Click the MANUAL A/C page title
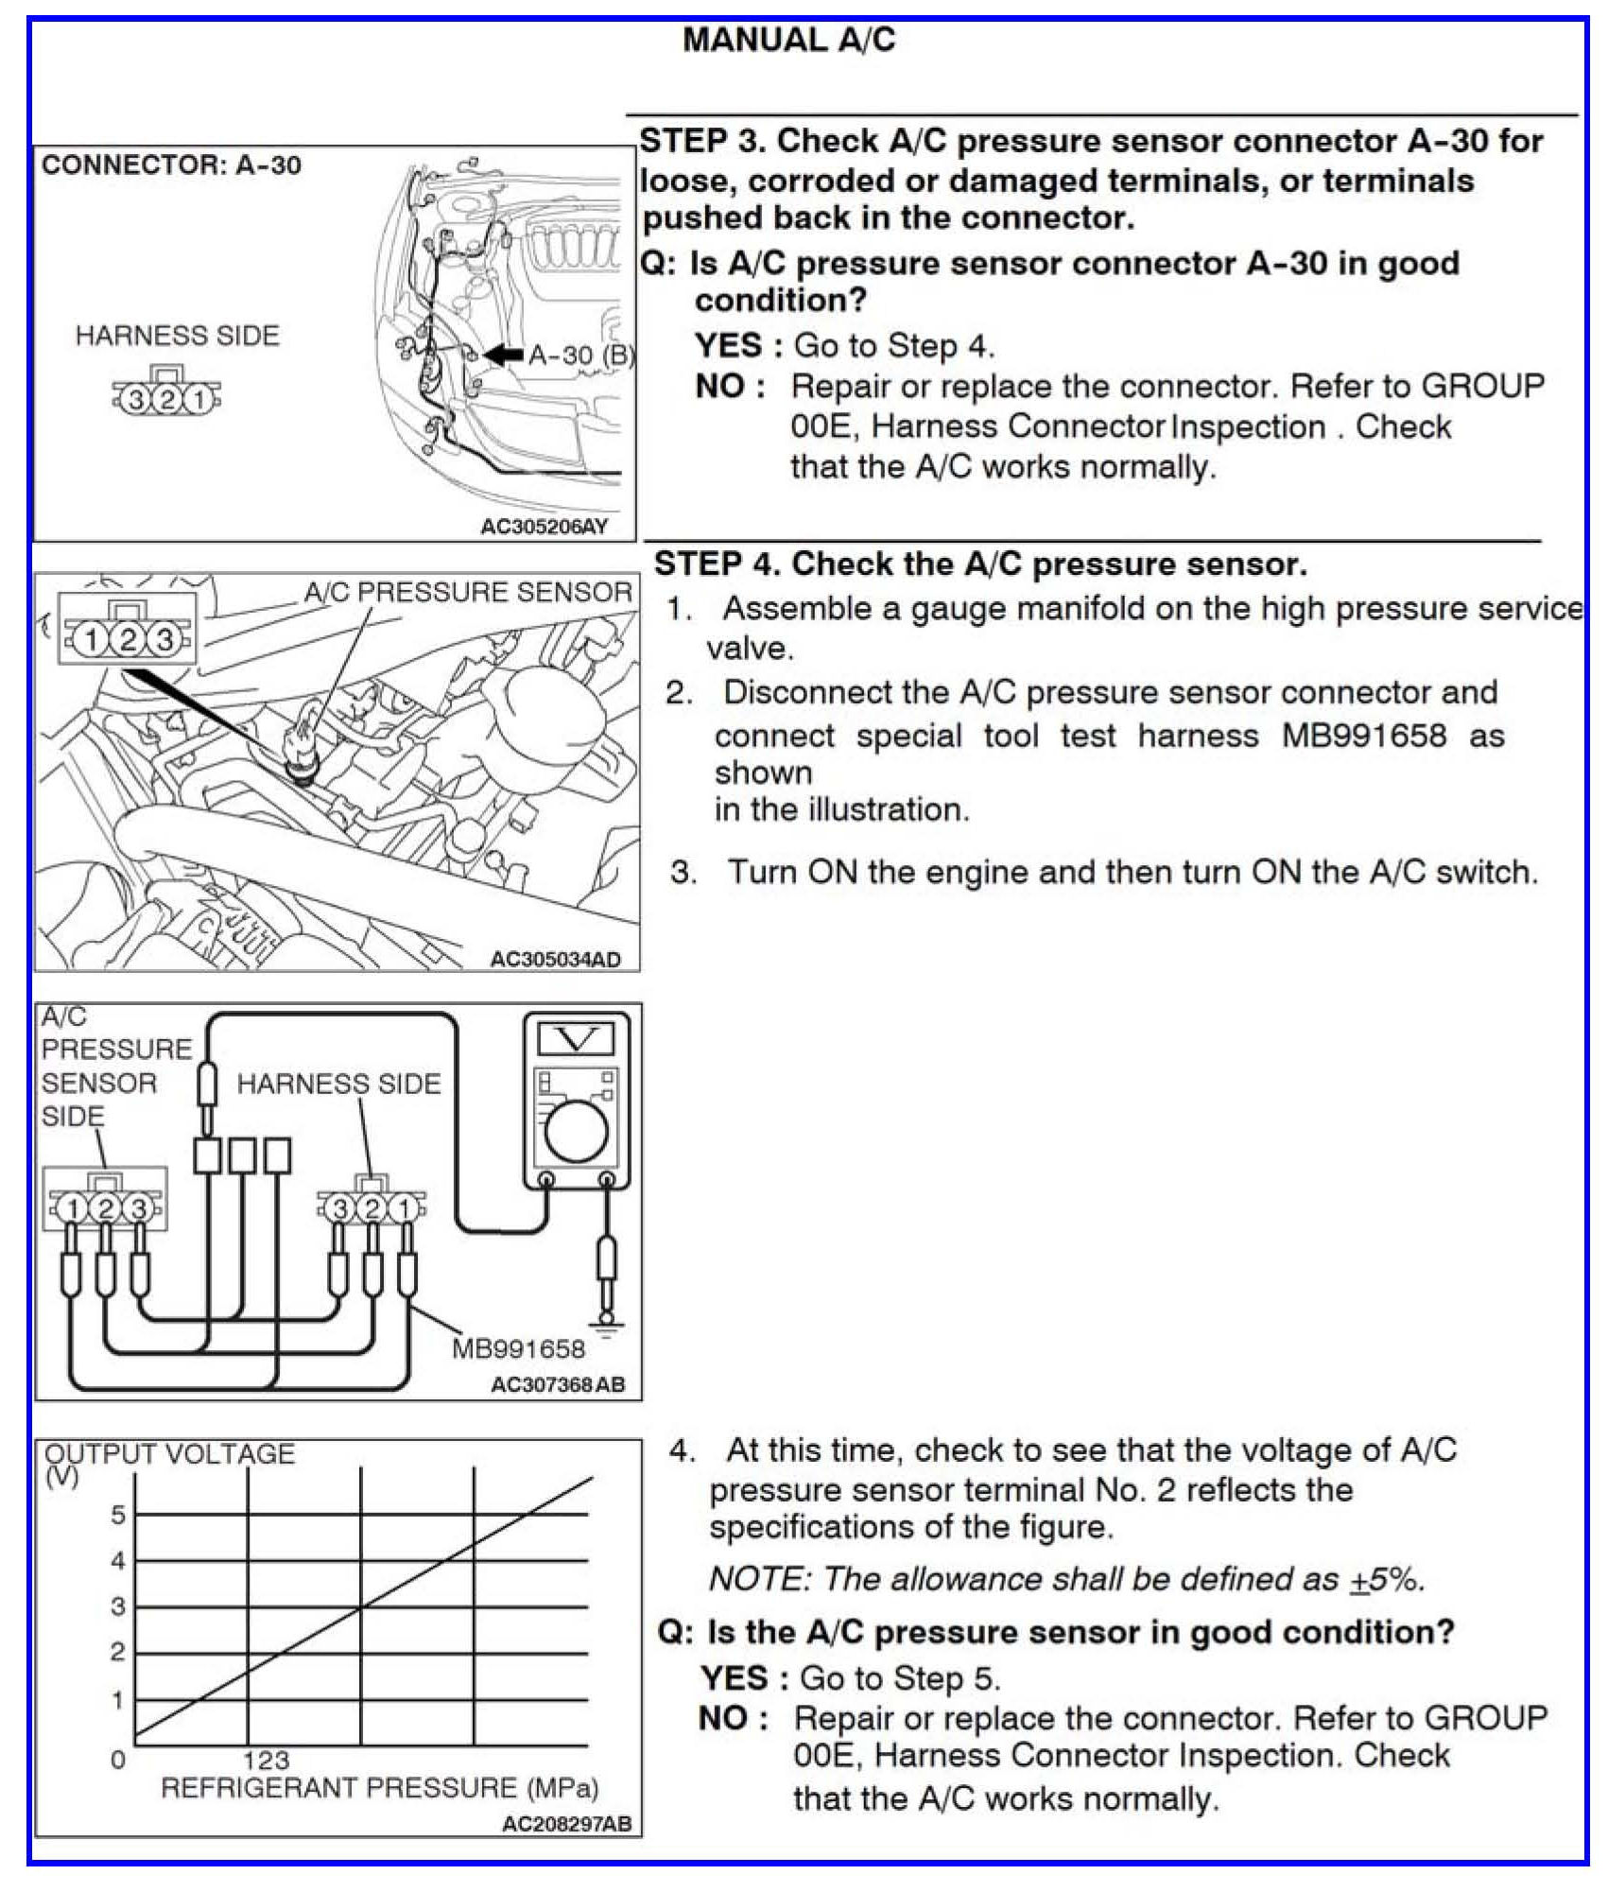tap(788, 41)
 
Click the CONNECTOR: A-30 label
tap(171, 165)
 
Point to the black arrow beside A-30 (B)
tap(503, 355)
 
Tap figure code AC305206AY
tap(544, 527)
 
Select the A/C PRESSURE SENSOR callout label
tap(467, 593)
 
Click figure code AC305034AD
tap(555, 960)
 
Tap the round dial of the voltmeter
tap(576, 1132)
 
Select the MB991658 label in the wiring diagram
tap(518, 1348)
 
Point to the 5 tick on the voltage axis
tap(118, 1515)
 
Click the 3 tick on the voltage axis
tap(118, 1606)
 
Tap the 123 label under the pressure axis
tap(266, 1760)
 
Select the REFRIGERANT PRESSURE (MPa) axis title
tap(380, 1788)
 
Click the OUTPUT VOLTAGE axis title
tap(170, 1454)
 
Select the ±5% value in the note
tap(1385, 1579)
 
